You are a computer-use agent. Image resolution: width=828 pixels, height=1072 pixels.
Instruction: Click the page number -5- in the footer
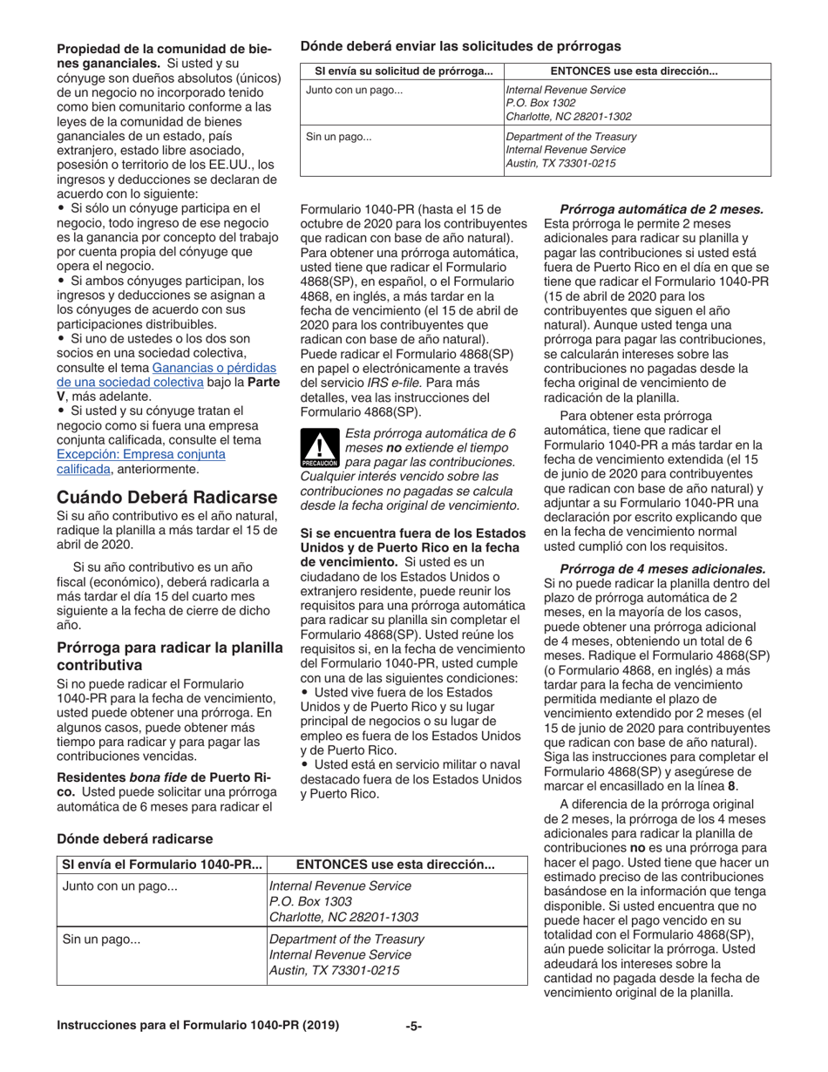(x=414, y=1026)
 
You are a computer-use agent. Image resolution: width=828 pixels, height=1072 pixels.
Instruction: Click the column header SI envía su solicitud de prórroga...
(x=404, y=71)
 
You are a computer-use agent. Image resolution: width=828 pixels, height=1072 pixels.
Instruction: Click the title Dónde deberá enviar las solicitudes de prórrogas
(x=460, y=45)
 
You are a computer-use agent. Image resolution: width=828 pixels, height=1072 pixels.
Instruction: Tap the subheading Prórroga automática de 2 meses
(x=662, y=209)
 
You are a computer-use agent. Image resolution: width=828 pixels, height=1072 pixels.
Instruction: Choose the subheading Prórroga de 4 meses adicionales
(x=662, y=567)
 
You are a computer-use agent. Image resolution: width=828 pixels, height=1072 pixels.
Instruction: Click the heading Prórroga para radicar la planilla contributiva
(x=170, y=655)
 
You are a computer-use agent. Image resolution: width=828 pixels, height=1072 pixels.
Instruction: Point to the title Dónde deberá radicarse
(x=134, y=838)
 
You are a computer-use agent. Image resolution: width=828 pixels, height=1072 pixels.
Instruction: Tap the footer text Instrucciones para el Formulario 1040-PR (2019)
(x=198, y=1026)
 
